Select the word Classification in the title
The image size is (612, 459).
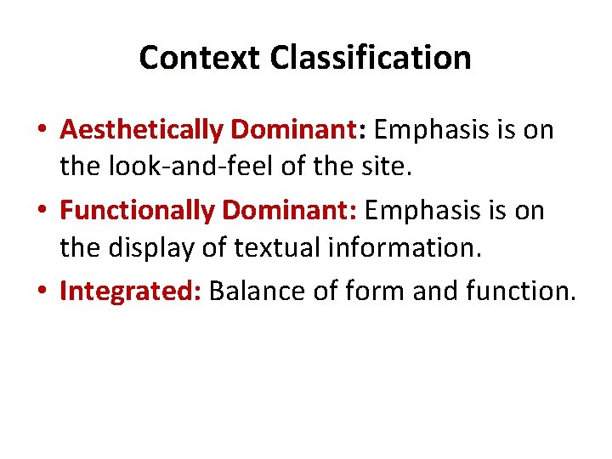pos(371,58)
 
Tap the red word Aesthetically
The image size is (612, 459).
pos(142,130)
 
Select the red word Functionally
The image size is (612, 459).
pos(136,210)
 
